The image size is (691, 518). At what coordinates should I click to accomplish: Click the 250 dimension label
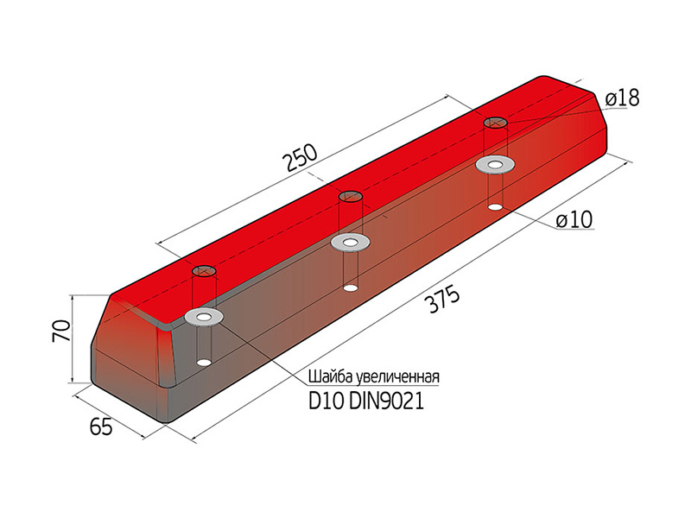pos(301,158)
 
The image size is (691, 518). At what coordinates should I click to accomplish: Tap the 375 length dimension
pos(443,300)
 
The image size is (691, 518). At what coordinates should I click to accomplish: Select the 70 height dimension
pos(61,332)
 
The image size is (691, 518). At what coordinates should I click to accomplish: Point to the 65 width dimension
pos(101,426)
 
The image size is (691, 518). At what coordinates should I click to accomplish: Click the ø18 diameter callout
pos(622,98)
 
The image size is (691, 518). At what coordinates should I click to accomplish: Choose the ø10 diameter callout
pos(574,220)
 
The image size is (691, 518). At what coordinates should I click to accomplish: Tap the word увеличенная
pos(397,377)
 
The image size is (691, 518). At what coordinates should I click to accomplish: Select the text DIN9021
pos(386,401)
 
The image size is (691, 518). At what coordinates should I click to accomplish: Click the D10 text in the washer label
pos(326,401)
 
